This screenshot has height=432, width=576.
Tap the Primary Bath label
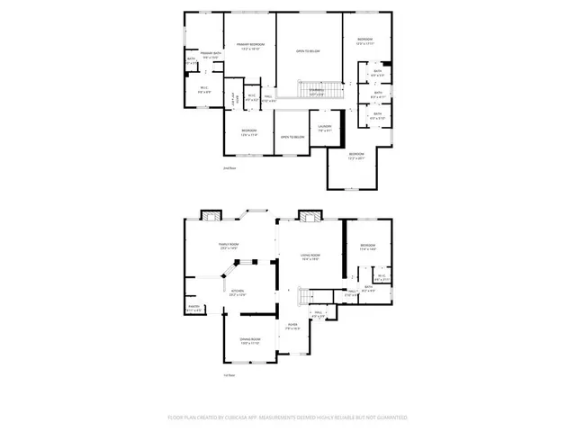(211, 57)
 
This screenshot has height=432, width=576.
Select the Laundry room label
(325, 128)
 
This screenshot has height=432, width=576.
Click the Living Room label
(310, 257)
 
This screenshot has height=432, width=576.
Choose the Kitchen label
(238, 292)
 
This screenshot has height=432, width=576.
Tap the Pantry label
(193, 309)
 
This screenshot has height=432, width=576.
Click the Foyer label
(292, 328)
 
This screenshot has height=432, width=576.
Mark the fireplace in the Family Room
(210, 216)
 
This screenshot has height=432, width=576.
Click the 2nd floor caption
(230, 168)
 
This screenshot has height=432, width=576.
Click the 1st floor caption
(230, 376)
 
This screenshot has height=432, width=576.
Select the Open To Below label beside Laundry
(291, 137)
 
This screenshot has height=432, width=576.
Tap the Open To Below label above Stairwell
(309, 51)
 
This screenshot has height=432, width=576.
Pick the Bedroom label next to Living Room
(367, 247)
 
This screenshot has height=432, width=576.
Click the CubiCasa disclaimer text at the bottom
(288, 418)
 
